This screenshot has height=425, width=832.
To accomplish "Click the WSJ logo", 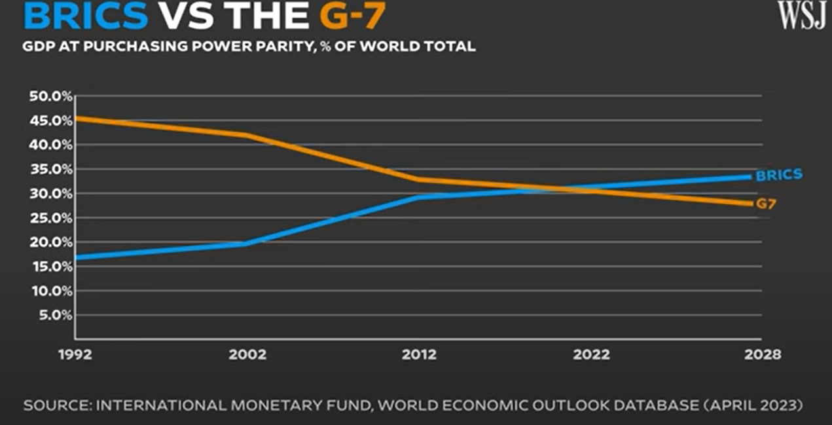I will tap(802, 15).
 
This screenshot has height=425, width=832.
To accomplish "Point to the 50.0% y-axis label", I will tap(50, 96).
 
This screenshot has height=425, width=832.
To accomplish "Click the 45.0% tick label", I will tap(50, 120).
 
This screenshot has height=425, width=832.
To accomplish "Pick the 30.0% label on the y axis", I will tap(50, 194).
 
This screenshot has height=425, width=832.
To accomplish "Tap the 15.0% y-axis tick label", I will tap(50, 267).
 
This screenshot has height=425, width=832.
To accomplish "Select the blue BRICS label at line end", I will tap(779, 176).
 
